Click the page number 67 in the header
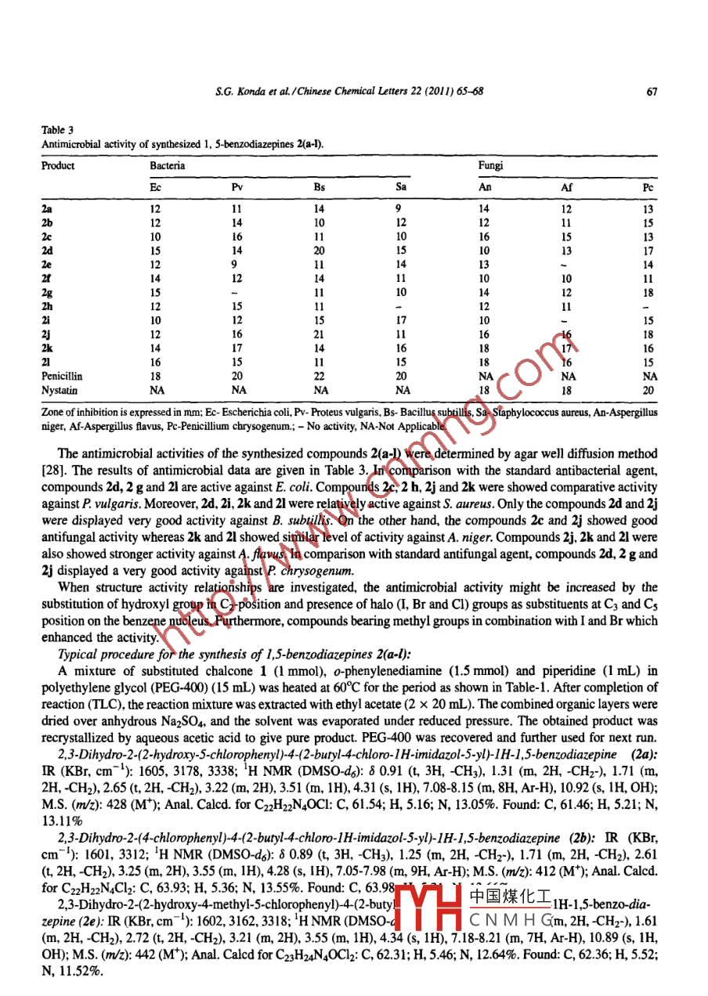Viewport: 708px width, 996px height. pyautogui.click(x=651, y=91)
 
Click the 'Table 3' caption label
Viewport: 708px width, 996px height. pyautogui.click(x=55, y=132)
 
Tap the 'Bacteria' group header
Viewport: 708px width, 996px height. pyautogui.click(x=168, y=166)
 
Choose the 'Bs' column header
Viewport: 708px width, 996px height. pyautogui.click(x=319, y=188)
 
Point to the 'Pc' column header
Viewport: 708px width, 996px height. pyautogui.click(x=648, y=188)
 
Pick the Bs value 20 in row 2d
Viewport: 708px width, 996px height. pyautogui.click(x=319, y=251)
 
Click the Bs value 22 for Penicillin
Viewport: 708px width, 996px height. pyautogui.click(x=319, y=377)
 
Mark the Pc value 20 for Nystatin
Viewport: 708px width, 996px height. pyautogui.click(x=648, y=389)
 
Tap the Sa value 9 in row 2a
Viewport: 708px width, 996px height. pyautogui.click(x=399, y=209)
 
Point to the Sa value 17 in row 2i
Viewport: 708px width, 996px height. pyautogui.click(x=401, y=319)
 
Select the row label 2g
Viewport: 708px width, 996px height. pyautogui.click(x=47, y=292)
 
